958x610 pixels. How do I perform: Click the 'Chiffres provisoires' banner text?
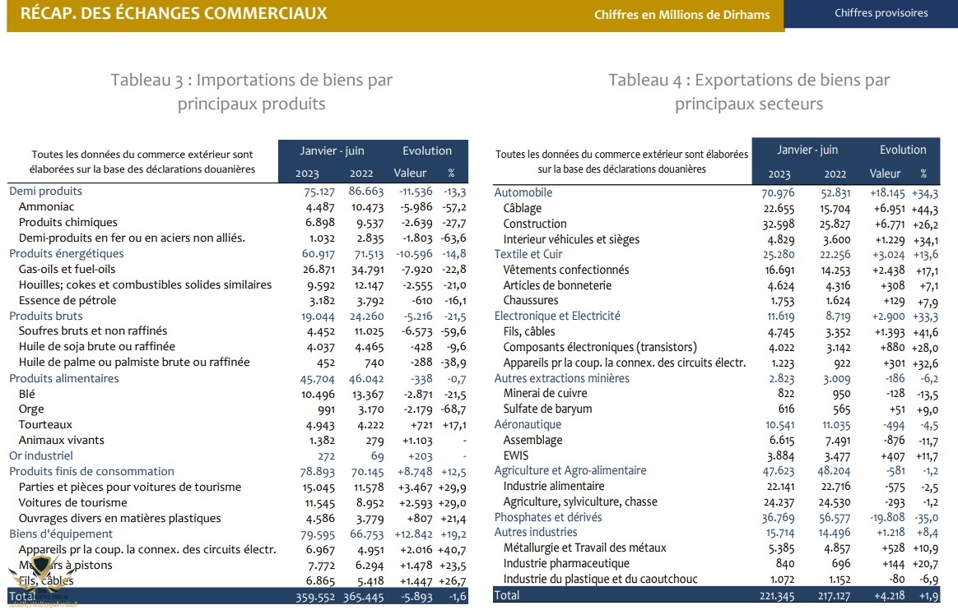881,13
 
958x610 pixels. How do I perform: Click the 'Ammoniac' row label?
46,206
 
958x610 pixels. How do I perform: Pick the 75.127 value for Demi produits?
319,191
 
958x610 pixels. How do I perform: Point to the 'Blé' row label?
27,394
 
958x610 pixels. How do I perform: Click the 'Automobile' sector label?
523,192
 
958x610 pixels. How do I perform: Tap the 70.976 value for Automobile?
778,192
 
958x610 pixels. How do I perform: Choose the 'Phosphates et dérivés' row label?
547,517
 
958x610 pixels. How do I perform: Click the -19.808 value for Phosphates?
886,517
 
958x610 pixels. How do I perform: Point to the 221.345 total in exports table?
778,595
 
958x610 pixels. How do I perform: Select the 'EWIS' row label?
516,455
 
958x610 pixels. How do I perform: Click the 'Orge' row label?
31,409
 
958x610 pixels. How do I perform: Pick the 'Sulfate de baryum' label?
548,409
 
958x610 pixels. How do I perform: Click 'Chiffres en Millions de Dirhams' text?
681,15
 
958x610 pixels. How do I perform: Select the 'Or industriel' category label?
41,455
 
